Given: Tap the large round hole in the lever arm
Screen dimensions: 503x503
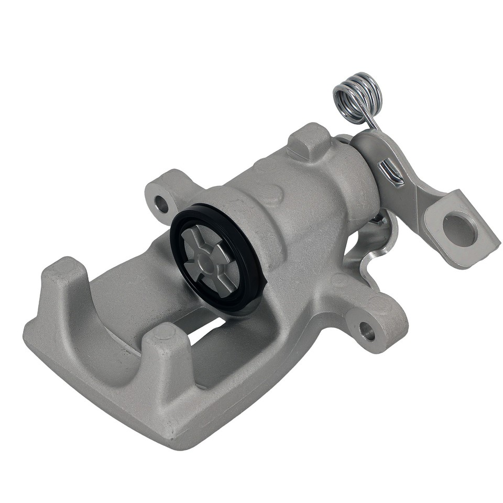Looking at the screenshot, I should pyautogui.click(x=460, y=228).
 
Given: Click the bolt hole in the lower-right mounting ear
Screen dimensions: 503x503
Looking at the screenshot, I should pyautogui.click(x=367, y=330).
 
